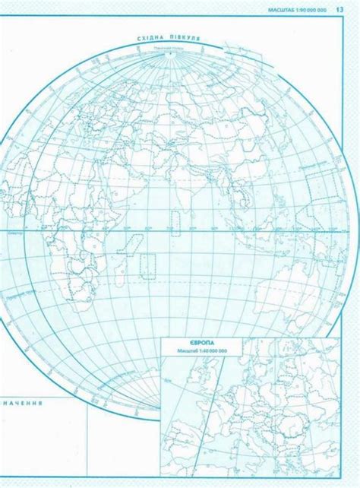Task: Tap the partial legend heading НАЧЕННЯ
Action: tap(22, 402)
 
